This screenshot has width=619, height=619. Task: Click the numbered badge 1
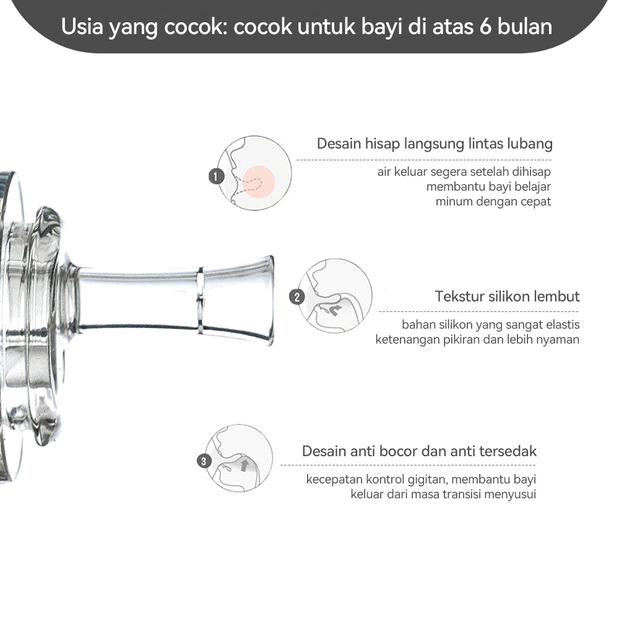click(215, 176)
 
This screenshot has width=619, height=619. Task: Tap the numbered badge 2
click(297, 297)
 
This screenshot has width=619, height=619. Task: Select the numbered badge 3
click(204, 461)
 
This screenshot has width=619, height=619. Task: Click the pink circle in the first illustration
click(259, 180)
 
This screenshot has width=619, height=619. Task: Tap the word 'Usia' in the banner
click(83, 27)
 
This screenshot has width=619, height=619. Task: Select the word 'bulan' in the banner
click(527, 27)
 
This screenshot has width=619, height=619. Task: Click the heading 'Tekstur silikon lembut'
click(507, 297)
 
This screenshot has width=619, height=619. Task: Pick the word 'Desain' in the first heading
click(339, 144)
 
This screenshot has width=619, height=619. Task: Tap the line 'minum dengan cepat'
click(493, 201)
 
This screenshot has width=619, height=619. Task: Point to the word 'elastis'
click(560, 324)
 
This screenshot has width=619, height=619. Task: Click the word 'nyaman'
click(558, 339)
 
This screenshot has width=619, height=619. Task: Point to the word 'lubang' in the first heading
click(530, 144)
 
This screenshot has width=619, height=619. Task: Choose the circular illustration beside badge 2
click(335, 296)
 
